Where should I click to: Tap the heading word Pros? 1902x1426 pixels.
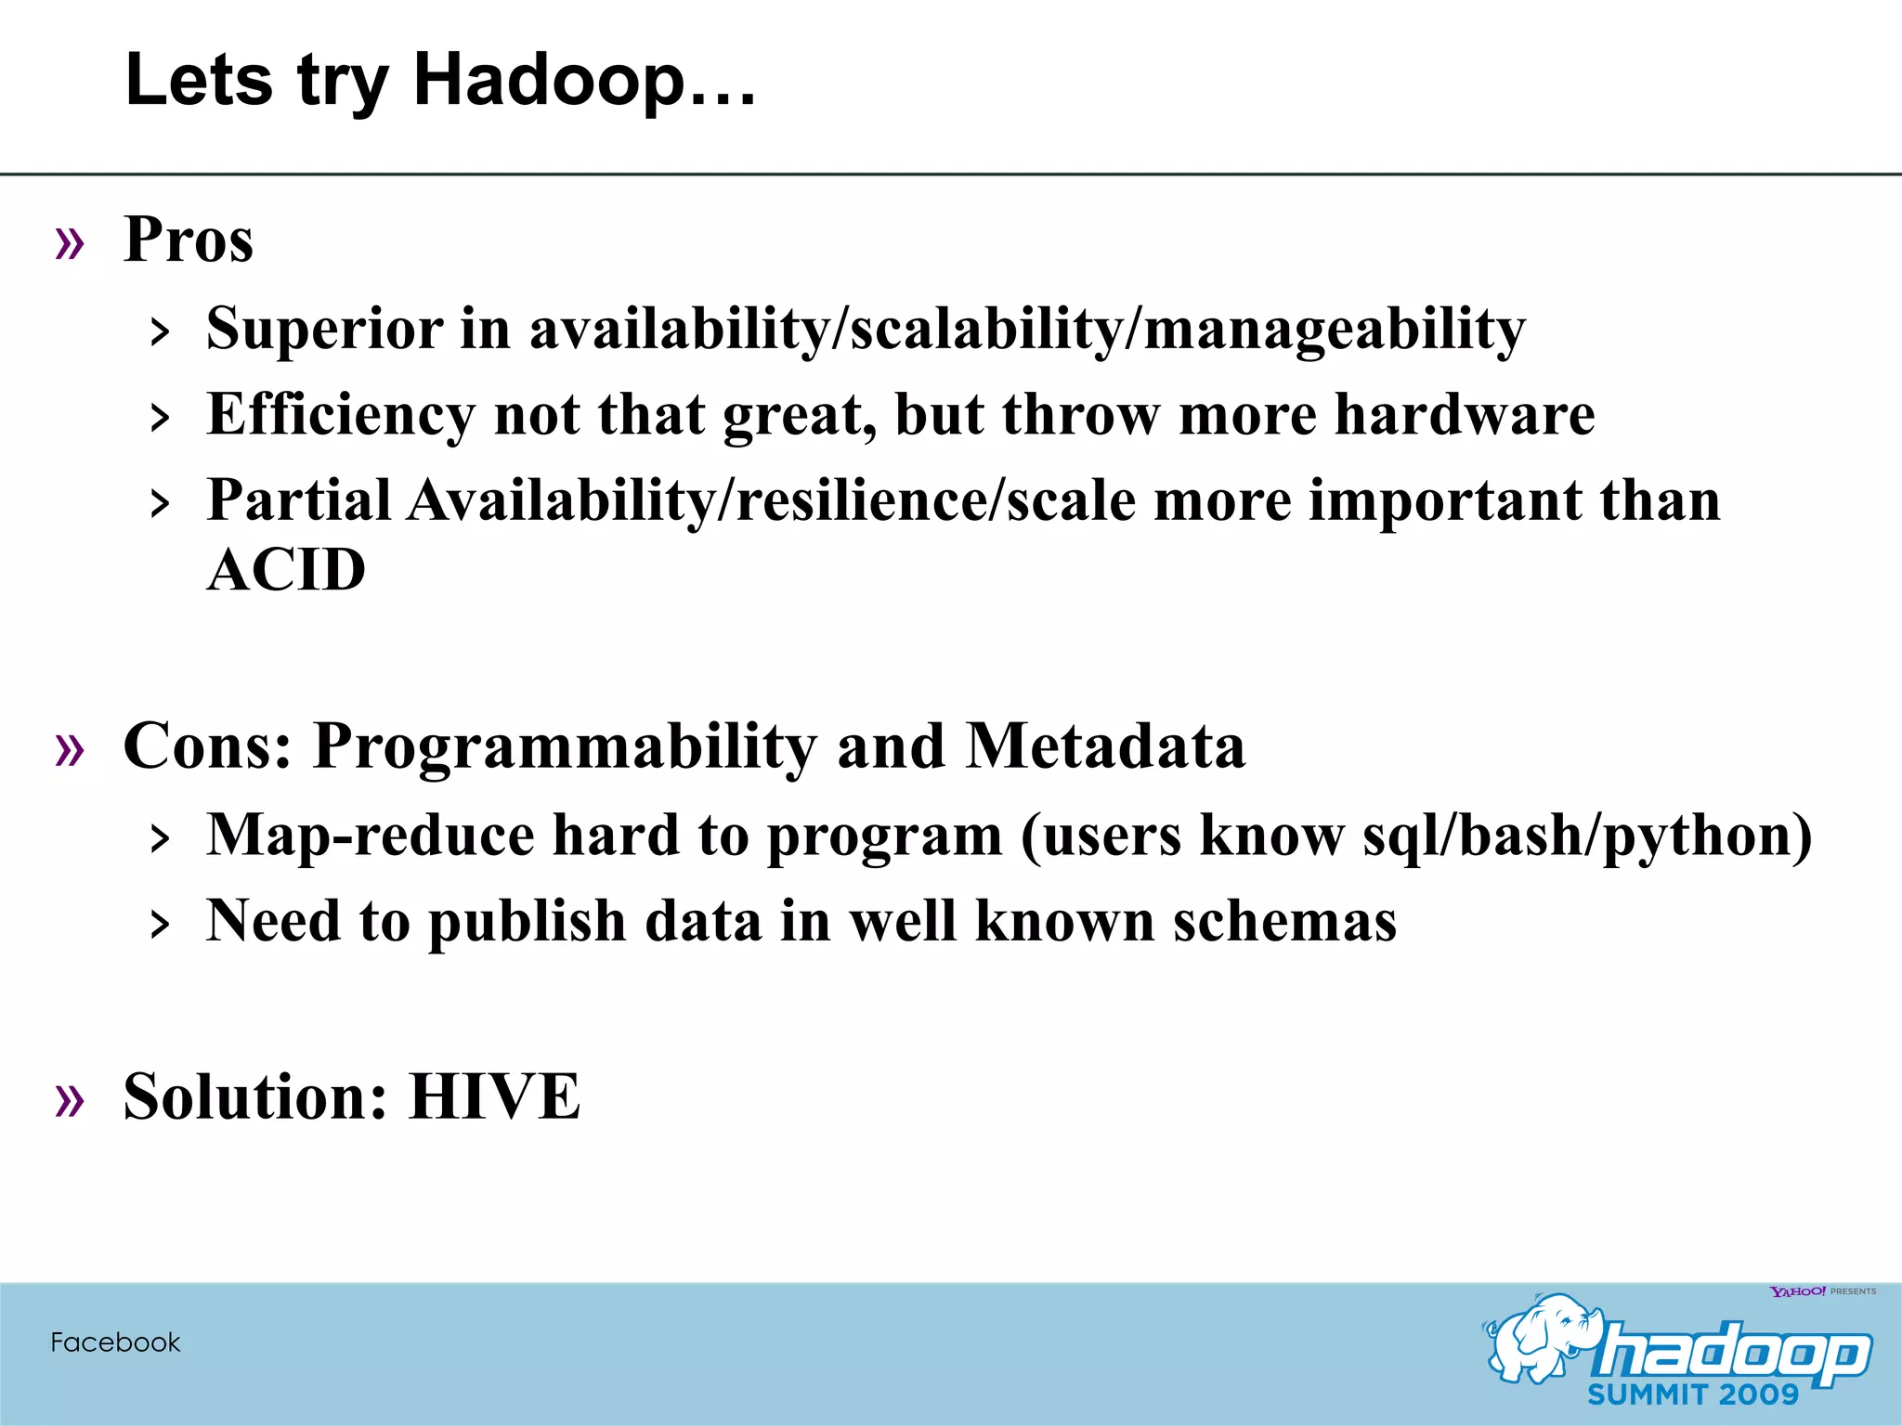pyautogui.click(x=189, y=240)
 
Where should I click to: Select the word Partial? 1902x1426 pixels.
pyautogui.click(x=298, y=500)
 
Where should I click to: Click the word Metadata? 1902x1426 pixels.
pyautogui.click(x=1105, y=746)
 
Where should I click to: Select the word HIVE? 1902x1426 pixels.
pyautogui.click(x=495, y=1097)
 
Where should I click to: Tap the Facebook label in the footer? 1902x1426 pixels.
pyautogui.click(x=115, y=1342)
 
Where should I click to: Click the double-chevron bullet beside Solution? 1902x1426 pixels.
pyautogui.click(x=70, y=1101)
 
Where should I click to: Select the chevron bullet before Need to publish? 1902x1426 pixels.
pyautogui.click(x=161, y=925)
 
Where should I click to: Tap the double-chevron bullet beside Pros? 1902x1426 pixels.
pyautogui.click(x=70, y=244)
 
